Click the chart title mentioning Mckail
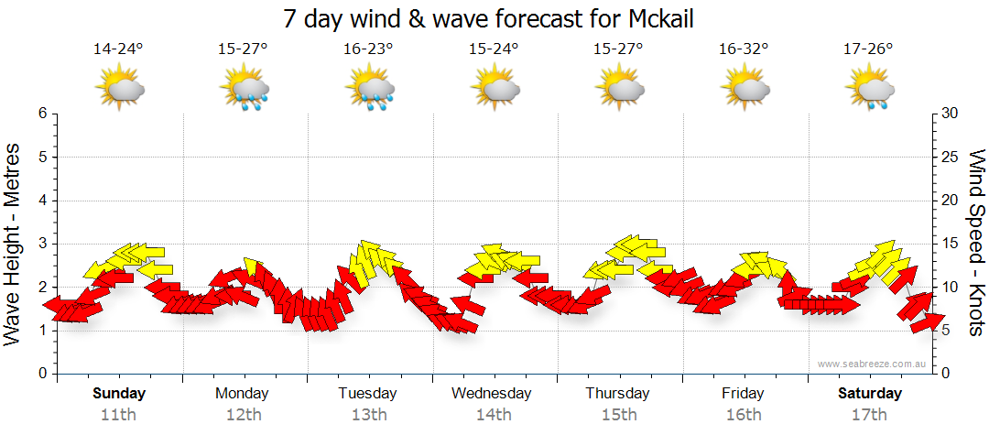(x=494, y=18)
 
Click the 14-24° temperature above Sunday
(x=119, y=49)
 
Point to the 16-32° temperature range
(x=744, y=49)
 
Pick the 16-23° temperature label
(x=369, y=49)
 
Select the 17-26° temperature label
(x=868, y=49)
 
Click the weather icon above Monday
(x=245, y=89)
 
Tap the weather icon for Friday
(x=744, y=89)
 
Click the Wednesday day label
(x=492, y=394)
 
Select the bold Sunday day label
(x=119, y=394)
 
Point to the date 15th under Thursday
(x=619, y=414)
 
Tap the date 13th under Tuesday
(x=369, y=414)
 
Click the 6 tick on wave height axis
(x=42, y=114)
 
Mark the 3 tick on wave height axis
(x=42, y=244)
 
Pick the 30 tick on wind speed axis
(x=951, y=114)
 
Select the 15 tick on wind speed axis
(x=951, y=244)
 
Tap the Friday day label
(x=743, y=394)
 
